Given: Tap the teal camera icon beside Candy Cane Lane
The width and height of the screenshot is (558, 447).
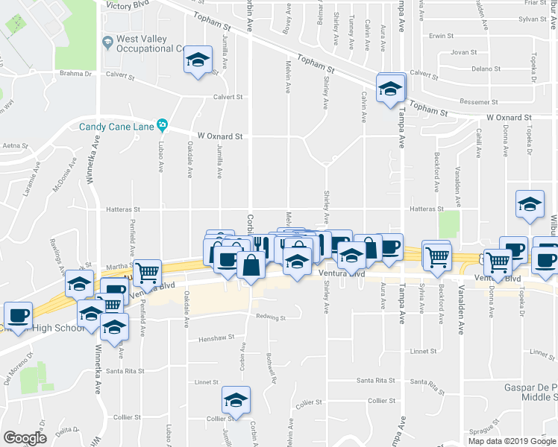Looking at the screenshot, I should [162, 124].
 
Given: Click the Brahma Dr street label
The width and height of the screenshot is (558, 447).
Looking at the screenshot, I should [75, 73].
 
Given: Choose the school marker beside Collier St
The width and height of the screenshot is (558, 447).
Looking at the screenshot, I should [236, 400].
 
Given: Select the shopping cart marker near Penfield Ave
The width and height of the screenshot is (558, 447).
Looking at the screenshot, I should [147, 273].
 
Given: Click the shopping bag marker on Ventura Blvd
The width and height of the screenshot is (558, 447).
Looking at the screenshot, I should [252, 264].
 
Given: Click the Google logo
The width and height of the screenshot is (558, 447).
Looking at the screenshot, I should [25, 438].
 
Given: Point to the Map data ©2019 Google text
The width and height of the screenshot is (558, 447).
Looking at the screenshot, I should [512, 441].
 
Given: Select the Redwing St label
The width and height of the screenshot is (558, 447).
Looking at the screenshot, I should [271, 317].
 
